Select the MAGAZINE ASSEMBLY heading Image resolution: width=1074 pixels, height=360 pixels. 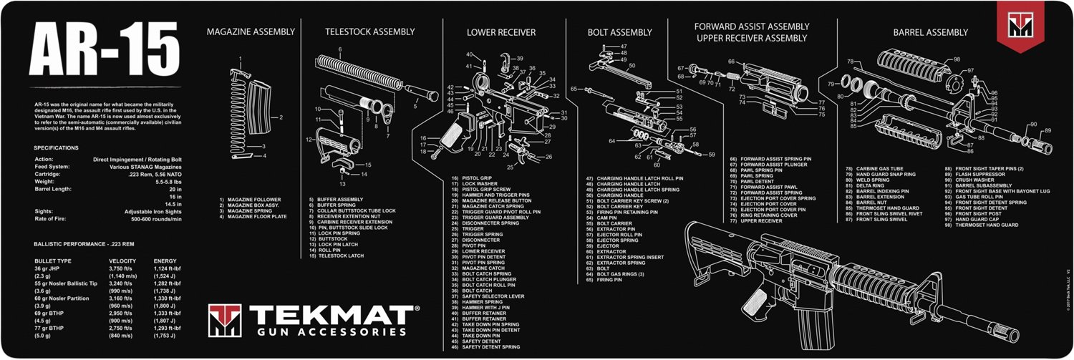click(x=251, y=31)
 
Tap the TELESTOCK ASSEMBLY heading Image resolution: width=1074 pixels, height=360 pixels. click(x=369, y=31)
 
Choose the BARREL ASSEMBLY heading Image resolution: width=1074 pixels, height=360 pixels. click(x=930, y=32)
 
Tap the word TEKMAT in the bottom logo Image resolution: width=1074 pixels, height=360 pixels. click(x=329, y=316)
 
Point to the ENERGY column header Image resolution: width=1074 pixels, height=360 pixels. click(x=165, y=261)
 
